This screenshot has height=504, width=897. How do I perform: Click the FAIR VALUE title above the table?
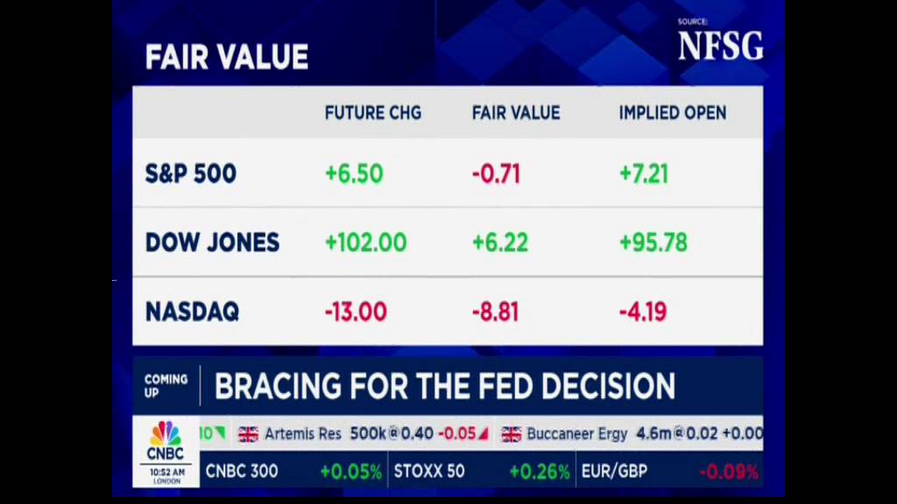pos(226,58)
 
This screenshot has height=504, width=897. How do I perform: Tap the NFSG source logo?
pos(720,46)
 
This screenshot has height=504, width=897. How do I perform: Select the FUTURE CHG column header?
pos(372,113)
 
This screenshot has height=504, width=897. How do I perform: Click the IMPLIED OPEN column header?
pos(672,113)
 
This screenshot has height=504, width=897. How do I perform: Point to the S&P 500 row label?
pos(190,173)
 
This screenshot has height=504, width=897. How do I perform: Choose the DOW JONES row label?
pos(212,242)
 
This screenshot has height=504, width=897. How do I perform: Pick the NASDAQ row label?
pos(192,311)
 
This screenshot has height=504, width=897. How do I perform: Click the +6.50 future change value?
pos(354,173)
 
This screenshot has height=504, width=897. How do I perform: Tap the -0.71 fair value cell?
pos(496,173)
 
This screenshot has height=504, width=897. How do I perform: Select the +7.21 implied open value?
pos(643,173)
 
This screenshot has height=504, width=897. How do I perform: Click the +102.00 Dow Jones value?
pos(365,242)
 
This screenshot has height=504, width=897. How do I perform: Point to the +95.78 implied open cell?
pos(653,242)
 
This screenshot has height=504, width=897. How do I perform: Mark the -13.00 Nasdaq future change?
pos(356,311)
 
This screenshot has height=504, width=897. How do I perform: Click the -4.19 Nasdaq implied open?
pos(643,311)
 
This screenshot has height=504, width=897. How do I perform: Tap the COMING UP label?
pos(166,386)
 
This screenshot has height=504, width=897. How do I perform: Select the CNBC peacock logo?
pos(165,435)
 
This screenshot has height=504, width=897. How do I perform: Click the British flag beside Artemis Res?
pos(248,434)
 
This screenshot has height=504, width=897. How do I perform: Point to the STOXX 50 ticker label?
pos(429,472)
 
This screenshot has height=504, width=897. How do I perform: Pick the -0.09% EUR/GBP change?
pos(728,472)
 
